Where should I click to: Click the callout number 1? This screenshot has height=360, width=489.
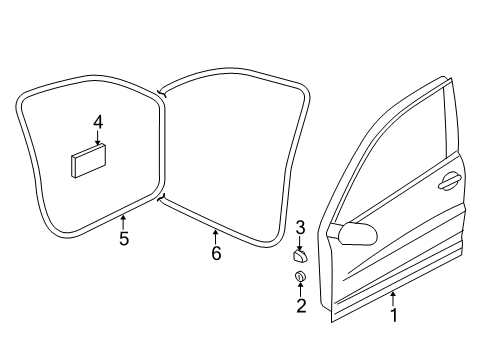point(394,315)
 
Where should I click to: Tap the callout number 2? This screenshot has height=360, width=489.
point(301,306)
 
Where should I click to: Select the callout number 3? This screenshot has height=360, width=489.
point(300,228)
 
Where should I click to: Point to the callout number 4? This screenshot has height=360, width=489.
point(98,122)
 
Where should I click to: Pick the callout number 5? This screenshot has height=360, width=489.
point(124,239)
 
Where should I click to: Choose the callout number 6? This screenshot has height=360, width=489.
point(216,253)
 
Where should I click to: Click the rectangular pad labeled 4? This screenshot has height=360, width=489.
point(88,161)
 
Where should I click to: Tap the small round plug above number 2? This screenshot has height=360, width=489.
point(300,276)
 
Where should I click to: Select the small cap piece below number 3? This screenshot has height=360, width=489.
point(300,257)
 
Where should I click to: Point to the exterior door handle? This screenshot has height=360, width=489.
point(449,181)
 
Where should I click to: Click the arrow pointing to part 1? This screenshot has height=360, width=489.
point(394,299)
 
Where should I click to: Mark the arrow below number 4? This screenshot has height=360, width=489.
point(98,137)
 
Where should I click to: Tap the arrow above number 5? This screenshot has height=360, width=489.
point(123,222)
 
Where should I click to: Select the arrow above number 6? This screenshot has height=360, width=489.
point(216,237)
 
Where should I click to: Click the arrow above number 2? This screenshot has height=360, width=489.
point(301,289)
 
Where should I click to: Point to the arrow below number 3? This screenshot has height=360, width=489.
point(300,243)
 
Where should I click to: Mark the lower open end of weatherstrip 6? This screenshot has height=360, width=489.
point(160,199)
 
